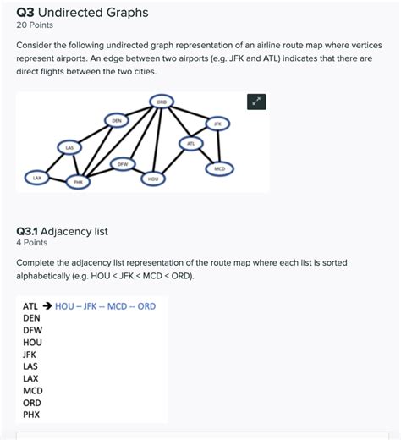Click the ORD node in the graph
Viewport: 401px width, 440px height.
point(162,102)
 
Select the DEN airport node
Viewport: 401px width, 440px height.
point(117,121)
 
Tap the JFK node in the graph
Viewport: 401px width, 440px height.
point(217,124)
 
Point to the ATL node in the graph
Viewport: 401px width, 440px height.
point(191,143)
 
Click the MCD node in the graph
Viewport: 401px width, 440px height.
point(220,168)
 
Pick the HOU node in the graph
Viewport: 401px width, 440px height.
point(153,179)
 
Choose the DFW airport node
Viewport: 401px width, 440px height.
point(123,164)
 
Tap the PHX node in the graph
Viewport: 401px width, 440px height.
point(78,182)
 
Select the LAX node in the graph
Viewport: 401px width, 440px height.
point(37,178)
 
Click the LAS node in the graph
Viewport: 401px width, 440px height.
point(69,147)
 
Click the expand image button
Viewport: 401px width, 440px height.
point(256,102)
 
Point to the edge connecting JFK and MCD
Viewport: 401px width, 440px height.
point(218,146)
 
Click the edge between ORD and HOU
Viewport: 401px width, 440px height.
point(157,140)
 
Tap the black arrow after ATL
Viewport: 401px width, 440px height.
point(47,306)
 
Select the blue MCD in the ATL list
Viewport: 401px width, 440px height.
point(117,306)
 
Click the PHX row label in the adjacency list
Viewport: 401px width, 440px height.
point(31,415)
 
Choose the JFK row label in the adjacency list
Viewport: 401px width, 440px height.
point(30,355)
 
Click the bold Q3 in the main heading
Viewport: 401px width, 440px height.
point(25,13)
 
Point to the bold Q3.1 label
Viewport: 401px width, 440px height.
point(27,232)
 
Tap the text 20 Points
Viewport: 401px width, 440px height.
point(35,25)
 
